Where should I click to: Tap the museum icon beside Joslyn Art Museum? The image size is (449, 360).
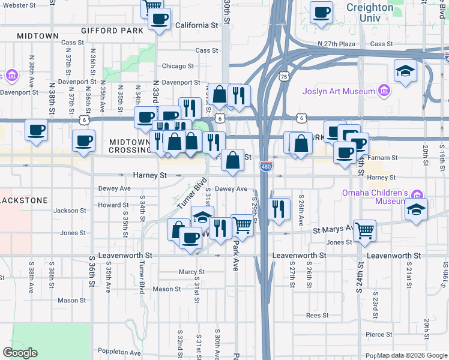pyautogui.click(x=384, y=92)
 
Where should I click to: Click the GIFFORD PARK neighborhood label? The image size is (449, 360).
pyautogui.click(x=115, y=30)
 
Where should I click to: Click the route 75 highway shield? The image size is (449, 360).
pyautogui.click(x=284, y=77)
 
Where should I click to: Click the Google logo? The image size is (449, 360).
pyautogui.click(x=20, y=353)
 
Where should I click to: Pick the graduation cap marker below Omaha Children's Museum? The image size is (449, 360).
pyautogui.click(x=416, y=209)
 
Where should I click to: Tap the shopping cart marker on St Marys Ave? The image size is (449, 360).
pyautogui.click(x=364, y=229)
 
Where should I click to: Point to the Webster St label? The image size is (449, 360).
pyautogui.click(x=20, y=5)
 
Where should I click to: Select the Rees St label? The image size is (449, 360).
pyautogui.click(x=316, y=315)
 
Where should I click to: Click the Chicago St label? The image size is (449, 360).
pyautogui.click(x=177, y=66)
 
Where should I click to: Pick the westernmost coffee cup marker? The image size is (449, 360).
pyautogui.click(x=35, y=130)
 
